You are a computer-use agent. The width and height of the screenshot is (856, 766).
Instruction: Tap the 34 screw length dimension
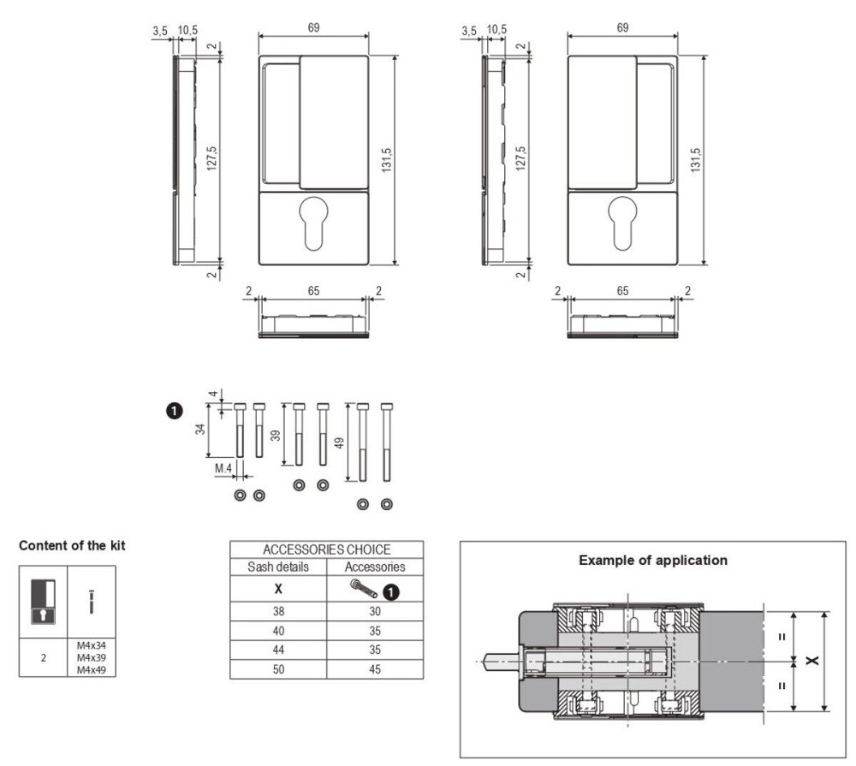(x=200, y=429)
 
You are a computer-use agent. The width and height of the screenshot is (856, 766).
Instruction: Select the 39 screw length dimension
(x=276, y=435)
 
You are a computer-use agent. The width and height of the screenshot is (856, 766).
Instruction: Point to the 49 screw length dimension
(x=340, y=442)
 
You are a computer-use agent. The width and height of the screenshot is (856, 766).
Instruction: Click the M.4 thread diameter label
(x=223, y=468)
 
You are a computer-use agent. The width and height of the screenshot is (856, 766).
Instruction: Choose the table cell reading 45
(x=375, y=669)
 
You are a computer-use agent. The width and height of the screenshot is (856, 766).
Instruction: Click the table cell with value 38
(x=278, y=611)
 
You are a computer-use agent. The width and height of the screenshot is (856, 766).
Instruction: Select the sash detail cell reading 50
(x=278, y=669)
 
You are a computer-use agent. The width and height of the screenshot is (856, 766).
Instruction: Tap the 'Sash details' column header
(x=278, y=567)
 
